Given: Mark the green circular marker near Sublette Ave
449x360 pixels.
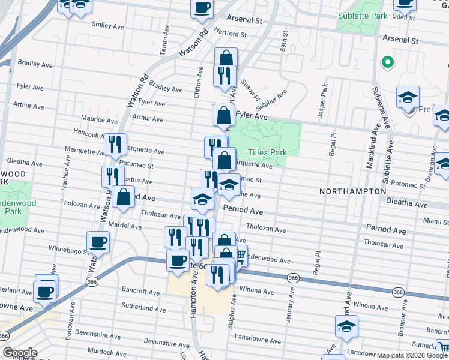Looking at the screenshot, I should (388, 62).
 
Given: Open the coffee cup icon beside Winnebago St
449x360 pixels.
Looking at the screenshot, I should (98, 242).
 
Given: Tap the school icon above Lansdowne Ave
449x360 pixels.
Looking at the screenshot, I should (346, 326).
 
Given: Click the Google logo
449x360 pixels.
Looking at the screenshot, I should (20, 353).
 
